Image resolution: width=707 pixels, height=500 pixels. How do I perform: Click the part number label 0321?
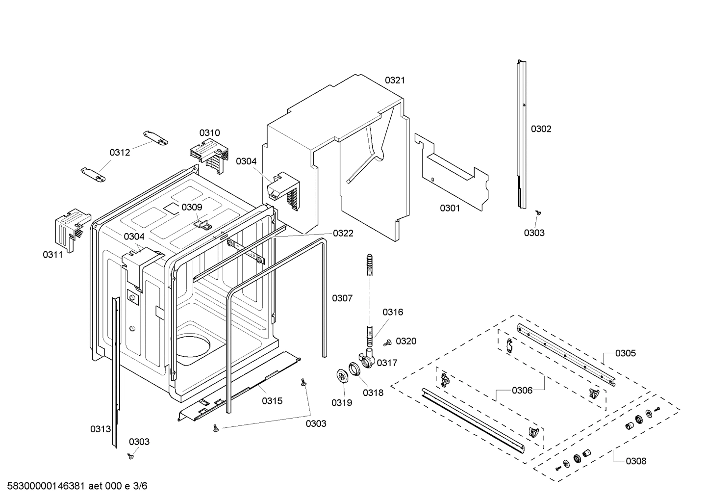tap(395, 80)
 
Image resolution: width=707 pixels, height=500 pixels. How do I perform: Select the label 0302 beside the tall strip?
tap(541, 129)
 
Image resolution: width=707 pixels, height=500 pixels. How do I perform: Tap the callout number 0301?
tap(450, 208)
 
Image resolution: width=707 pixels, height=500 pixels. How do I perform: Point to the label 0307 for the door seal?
tap(342, 298)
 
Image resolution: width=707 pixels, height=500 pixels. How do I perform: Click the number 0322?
tap(343, 234)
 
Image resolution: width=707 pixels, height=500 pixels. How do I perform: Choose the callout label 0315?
tap(272, 401)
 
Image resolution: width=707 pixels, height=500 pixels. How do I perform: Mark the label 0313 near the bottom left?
tap(100, 429)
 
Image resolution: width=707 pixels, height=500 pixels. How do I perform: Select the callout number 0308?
tap(636, 461)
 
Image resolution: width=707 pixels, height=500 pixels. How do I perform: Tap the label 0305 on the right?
tap(626, 353)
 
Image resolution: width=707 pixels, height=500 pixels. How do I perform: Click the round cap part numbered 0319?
tap(342, 375)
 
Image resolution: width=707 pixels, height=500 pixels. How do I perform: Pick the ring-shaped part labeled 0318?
tap(356, 369)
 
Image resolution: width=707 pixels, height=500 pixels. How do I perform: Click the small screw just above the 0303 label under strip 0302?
tap(538, 213)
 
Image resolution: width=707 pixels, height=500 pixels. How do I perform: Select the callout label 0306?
tap(522, 391)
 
